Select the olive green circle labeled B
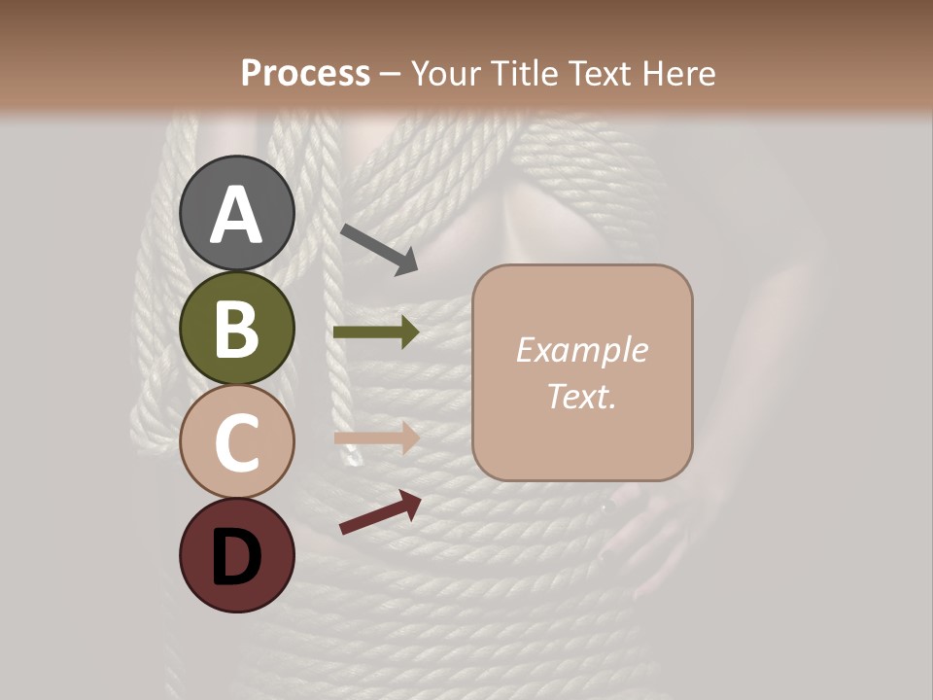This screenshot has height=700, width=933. point(236,328)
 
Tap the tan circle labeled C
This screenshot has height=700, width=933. point(236,441)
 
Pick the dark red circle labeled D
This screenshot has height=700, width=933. point(236,555)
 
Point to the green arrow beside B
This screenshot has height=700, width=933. point(376,332)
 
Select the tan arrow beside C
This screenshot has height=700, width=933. point(376,437)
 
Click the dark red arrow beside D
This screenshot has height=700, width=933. point(380,512)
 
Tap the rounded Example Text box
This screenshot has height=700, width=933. point(582,373)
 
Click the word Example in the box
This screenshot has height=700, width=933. point(582,350)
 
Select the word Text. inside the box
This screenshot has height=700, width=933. point(582,396)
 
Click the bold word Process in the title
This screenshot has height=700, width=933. point(305,73)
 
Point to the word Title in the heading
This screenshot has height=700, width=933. point(525,73)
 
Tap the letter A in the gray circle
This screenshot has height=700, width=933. point(236,215)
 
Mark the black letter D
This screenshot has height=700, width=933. point(236,558)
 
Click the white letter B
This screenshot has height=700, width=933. point(236,330)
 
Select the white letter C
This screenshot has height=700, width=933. point(236,443)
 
